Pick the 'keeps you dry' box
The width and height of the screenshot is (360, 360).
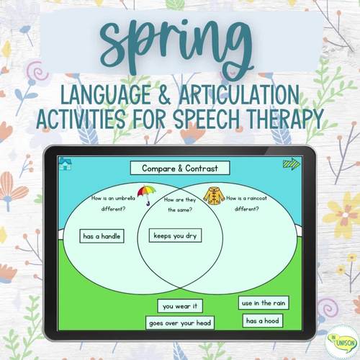pyautogui.click(x=175, y=235)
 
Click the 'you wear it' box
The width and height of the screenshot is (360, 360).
pyautogui.click(x=180, y=306)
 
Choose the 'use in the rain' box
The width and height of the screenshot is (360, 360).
pyautogui.click(x=263, y=303)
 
